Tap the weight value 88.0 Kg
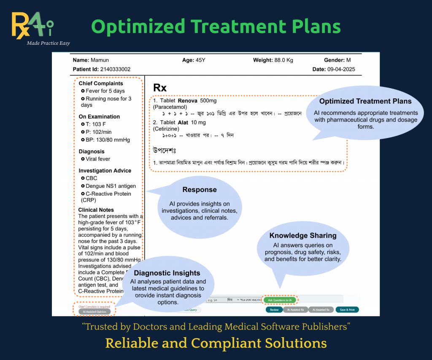point(284,60)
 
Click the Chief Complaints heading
point(101,84)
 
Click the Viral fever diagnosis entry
point(98,159)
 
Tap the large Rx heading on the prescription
point(160,88)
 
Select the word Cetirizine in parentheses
point(167,129)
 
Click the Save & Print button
point(347,310)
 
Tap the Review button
point(274,310)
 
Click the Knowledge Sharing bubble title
point(303,235)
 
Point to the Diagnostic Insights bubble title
point(167,273)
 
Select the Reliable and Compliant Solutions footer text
point(216,343)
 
